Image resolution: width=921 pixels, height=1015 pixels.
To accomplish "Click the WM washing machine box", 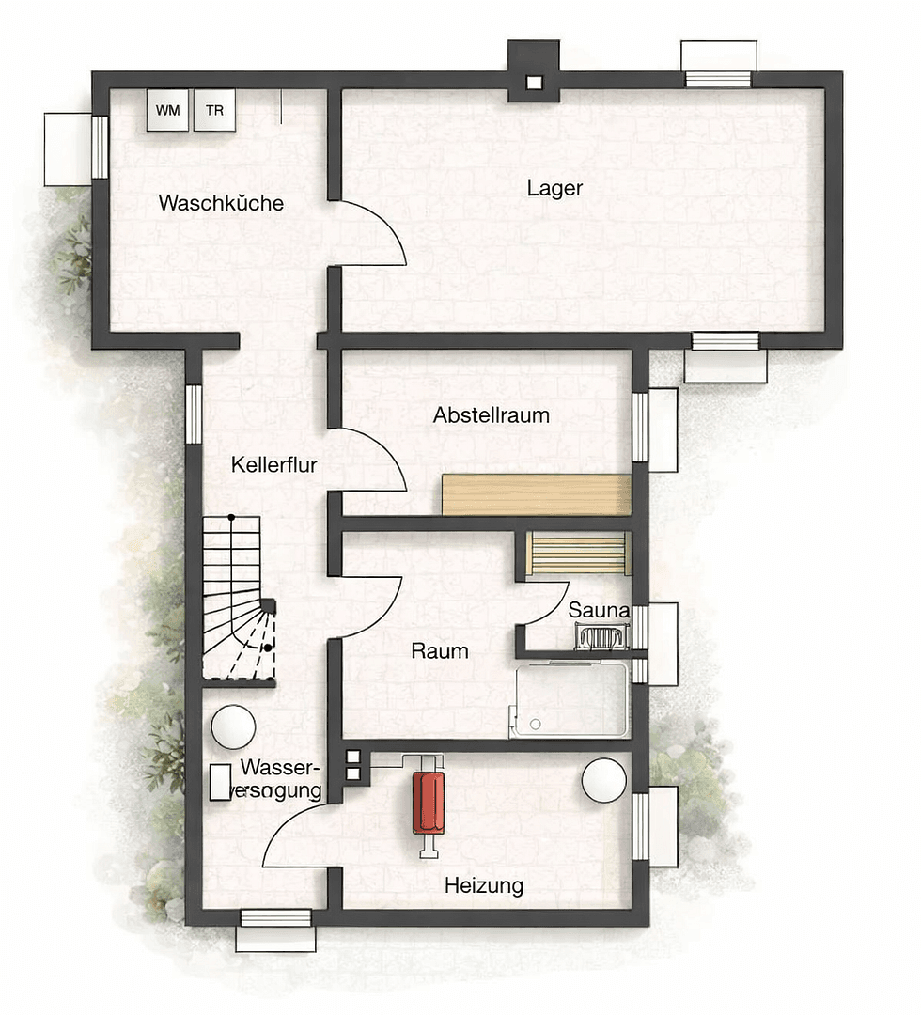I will pos(168,110).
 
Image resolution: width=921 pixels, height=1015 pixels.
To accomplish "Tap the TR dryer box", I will pos(214,110).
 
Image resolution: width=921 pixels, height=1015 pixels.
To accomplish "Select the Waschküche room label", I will pos(221,203).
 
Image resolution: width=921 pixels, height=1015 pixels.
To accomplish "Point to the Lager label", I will pos(554,188).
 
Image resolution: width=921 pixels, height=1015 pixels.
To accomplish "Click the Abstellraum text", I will pos(492,414).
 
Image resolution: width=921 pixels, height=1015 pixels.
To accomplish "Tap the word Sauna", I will pos(599,611).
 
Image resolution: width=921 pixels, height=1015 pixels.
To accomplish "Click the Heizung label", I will pos(484,885).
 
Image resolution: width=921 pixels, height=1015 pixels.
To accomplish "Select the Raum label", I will pos(440,650).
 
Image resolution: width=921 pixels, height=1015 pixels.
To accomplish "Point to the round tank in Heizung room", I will pos(604,780).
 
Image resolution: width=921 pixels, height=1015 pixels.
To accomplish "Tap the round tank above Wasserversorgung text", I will pos(233,726).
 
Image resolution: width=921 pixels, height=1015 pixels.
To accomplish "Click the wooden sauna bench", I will pos(577,553).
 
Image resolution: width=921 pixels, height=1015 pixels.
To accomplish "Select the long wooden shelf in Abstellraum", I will pos(536,494).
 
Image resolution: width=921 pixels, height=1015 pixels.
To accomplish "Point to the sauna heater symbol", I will pos(599,637).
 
